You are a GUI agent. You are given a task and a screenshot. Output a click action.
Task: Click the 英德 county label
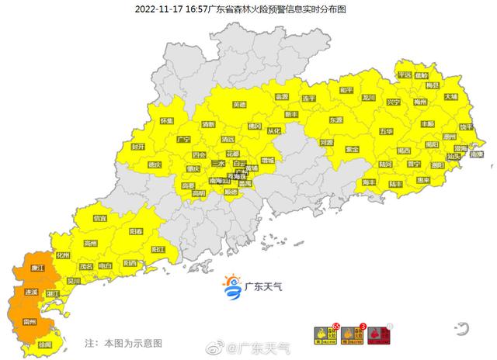click(241, 105)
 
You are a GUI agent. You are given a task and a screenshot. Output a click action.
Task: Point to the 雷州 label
click(33, 320)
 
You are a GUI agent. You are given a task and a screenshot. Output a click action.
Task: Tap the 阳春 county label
click(136, 232)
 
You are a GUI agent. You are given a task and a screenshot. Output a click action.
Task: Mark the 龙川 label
click(368, 99)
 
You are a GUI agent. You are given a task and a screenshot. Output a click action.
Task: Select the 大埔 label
click(451, 97)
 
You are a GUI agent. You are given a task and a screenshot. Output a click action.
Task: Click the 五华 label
click(387, 132)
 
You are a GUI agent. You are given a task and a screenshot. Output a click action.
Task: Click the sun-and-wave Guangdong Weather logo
click(231, 286)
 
